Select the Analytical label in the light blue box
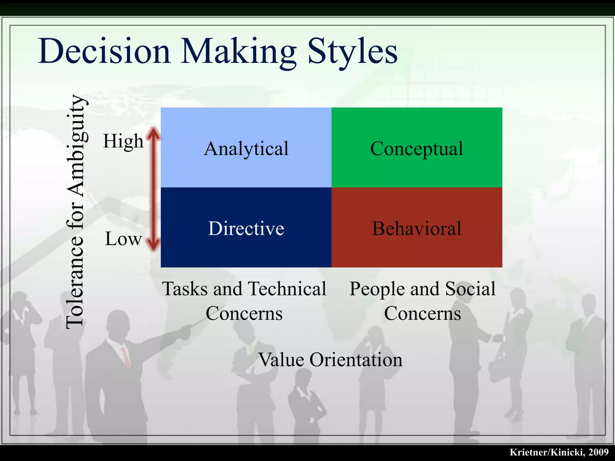click(x=246, y=149)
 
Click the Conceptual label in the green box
click(x=417, y=149)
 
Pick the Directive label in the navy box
click(x=246, y=228)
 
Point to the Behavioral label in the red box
click(x=417, y=228)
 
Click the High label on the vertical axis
click(x=123, y=141)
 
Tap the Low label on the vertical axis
click(x=123, y=239)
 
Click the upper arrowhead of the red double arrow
click(x=154, y=133)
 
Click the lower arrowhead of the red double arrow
click(x=154, y=245)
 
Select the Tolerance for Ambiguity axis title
click(x=75, y=212)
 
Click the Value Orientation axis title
click(x=330, y=360)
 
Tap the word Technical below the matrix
click(x=287, y=289)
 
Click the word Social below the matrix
click(x=470, y=289)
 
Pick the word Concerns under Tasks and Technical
click(x=244, y=313)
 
